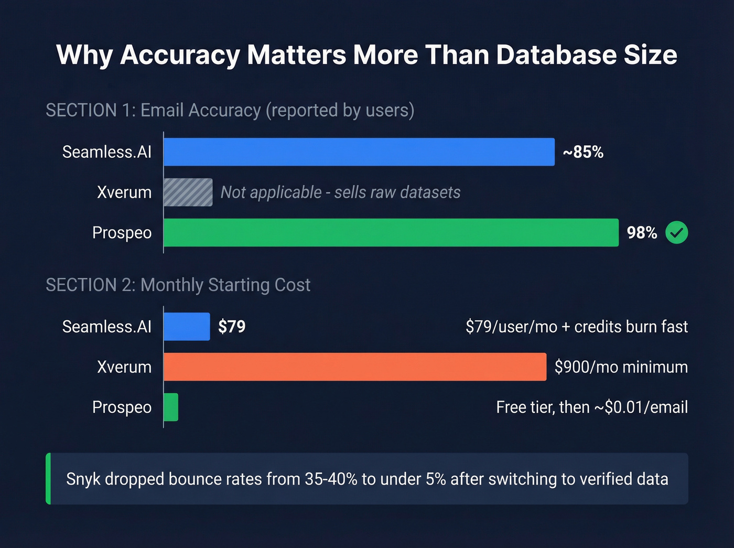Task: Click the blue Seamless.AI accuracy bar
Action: click(359, 152)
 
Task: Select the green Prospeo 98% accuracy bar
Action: click(391, 233)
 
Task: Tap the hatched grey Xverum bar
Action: click(188, 192)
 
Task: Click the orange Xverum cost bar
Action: click(355, 367)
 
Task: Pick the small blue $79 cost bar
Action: click(187, 327)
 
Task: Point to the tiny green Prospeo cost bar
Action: click(171, 407)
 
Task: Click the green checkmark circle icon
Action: click(676, 233)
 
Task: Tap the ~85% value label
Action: click(583, 152)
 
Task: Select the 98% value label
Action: click(642, 233)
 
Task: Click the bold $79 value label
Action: click(232, 327)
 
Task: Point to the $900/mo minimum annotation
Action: click(621, 367)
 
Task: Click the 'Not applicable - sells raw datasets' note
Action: click(340, 192)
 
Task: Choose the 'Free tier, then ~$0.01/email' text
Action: click(591, 407)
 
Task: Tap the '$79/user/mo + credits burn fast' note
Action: click(576, 327)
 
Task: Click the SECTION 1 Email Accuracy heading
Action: click(230, 110)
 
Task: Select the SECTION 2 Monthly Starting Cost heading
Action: click(178, 285)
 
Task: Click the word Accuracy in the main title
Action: click(180, 55)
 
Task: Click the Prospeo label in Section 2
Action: click(122, 407)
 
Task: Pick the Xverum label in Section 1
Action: click(124, 192)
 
